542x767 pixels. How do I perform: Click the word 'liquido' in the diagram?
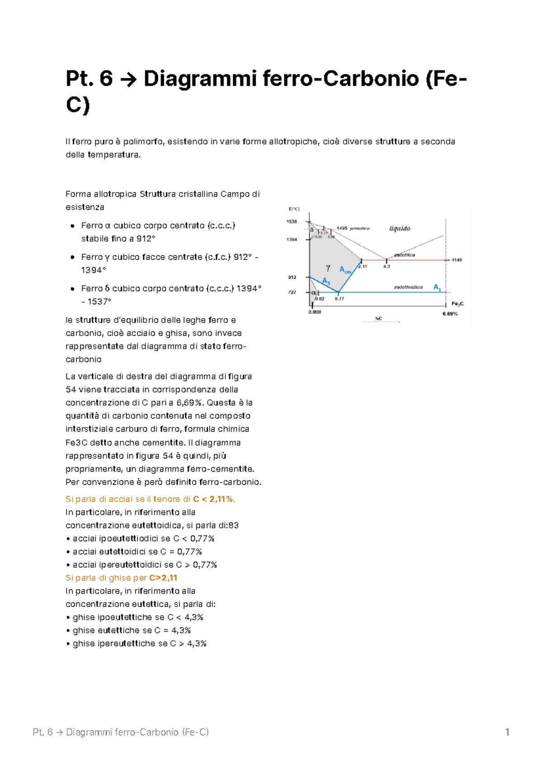pyautogui.click(x=400, y=229)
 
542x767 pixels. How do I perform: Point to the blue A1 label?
pyautogui.click(x=437, y=287)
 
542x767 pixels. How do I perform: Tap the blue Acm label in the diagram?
pyautogui.click(x=345, y=270)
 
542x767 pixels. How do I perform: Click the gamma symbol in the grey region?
pyautogui.click(x=328, y=268)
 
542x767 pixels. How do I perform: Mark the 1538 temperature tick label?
pyautogui.click(x=292, y=222)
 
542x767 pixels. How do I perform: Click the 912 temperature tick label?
pyautogui.click(x=292, y=277)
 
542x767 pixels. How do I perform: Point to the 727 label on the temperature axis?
pyautogui.click(x=292, y=292)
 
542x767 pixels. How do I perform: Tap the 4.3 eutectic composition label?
pyautogui.click(x=387, y=267)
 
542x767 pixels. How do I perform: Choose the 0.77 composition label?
pyautogui.click(x=339, y=299)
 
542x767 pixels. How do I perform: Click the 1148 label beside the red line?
pyautogui.click(x=457, y=260)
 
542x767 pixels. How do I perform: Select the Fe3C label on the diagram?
pyautogui.click(x=457, y=304)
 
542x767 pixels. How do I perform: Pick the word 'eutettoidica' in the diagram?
pyautogui.click(x=408, y=287)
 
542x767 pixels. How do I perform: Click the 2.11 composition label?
pyautogui.click(x=363, y=267)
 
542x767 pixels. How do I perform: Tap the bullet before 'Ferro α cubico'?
pyautogui.click(x=72, y=225)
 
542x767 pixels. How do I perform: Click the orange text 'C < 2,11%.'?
pyautogui.click(x=214, y=499)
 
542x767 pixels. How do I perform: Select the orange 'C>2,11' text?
pyautogui.click(x=163, y=578)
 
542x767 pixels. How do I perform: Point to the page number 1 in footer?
pyautogui.click(x=507, y=732)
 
